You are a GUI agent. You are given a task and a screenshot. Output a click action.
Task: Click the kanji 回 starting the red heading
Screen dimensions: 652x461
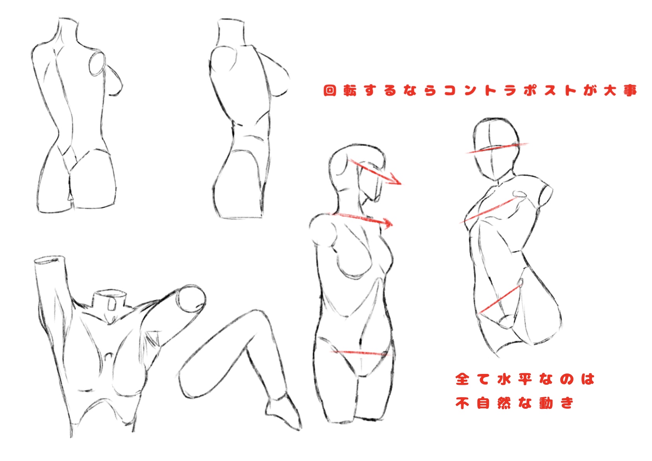(x=330, y=91)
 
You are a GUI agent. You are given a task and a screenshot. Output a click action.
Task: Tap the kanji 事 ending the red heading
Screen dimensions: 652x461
(x=630, y=91)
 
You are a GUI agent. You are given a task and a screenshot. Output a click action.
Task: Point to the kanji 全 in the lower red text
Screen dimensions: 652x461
(x=462, y=379)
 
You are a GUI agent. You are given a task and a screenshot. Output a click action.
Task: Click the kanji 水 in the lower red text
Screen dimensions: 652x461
(x=504, y=379)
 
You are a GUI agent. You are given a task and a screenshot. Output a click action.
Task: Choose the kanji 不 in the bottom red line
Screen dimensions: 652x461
(x=462, y=403)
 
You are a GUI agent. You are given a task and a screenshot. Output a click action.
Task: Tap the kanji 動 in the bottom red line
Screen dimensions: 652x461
(x=546, y=403)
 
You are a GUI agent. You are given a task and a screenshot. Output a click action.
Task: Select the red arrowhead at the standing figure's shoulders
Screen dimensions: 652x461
(x=387, y=223)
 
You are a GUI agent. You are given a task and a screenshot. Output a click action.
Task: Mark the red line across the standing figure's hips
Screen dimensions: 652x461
(x=360, y=353)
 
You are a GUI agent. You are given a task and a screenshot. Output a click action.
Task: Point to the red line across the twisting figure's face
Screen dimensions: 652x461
(x=497, y=148)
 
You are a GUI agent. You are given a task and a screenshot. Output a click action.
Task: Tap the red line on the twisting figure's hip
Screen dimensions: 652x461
(x=499, y=300)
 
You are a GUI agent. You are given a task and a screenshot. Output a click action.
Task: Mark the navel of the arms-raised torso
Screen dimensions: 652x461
(x=109, y=357)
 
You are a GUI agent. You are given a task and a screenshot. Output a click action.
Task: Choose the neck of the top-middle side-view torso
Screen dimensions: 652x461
(x=231, y=32)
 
